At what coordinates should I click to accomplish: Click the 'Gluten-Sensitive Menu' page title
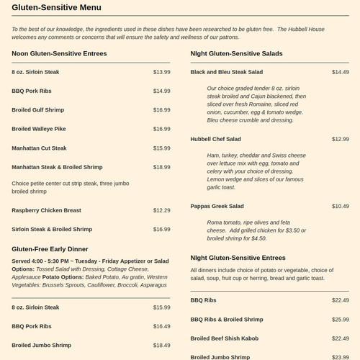(56, 8)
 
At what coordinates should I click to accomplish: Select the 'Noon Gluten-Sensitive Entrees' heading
(59, 54)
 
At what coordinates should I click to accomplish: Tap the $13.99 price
(161, 72)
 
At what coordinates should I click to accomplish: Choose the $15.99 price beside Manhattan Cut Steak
(161, 148)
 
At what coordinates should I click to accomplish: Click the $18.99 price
(161, 167)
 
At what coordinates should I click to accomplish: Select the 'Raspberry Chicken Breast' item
(46, 210)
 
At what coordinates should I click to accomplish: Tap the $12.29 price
(161, 210)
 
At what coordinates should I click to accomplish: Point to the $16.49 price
(161, 326)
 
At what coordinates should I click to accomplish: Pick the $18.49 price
(161, 345)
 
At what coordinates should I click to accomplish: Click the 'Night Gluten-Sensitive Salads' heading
(236, 54)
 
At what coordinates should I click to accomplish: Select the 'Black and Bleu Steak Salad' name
(228, 72)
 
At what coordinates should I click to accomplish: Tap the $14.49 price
(340, 72)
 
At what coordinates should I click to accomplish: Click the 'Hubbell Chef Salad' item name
(215, 139)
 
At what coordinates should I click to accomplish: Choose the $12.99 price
(340, 139)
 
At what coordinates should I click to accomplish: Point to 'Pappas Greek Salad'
(217, 207)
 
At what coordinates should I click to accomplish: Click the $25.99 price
(340, 319)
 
